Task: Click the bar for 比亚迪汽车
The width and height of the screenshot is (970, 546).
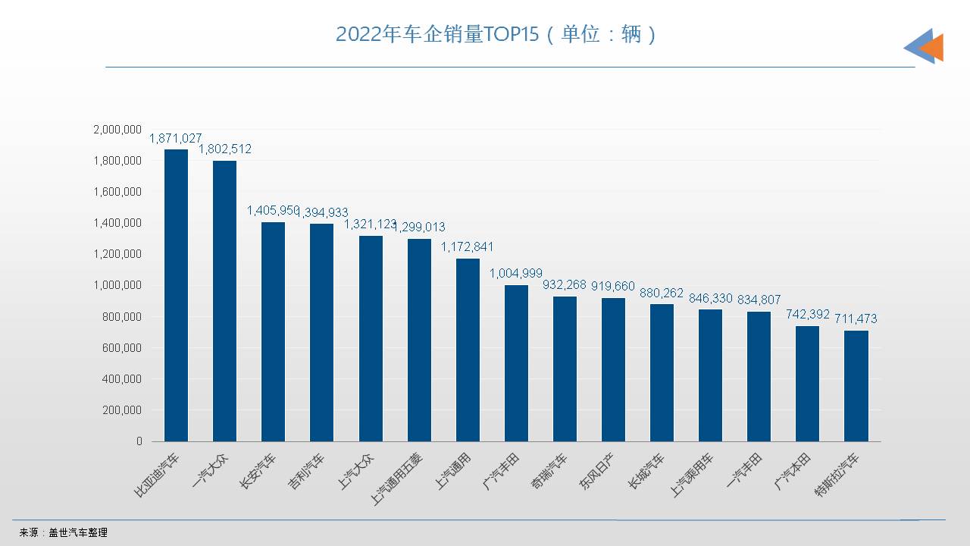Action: click(176, 295)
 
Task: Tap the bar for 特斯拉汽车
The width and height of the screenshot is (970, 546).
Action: click(856, 386)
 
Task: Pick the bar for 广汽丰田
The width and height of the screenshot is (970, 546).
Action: click(516, 363)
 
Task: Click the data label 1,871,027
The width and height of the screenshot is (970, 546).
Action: click(175, 138)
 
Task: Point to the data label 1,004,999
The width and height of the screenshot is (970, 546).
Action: click(516, 273)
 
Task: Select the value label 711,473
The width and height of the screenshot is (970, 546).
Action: click(856, 318)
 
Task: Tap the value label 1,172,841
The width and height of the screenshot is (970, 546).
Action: click(467, 247)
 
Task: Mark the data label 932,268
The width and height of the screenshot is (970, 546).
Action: click(565, 285)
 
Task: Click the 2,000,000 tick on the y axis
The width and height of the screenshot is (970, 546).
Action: click(117, 130)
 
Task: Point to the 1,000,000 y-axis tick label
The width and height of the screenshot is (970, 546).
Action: click(117, 285)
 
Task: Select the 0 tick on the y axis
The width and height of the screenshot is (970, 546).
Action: click(139, 441)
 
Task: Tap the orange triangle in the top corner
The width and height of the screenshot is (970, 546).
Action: click(933, 47)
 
